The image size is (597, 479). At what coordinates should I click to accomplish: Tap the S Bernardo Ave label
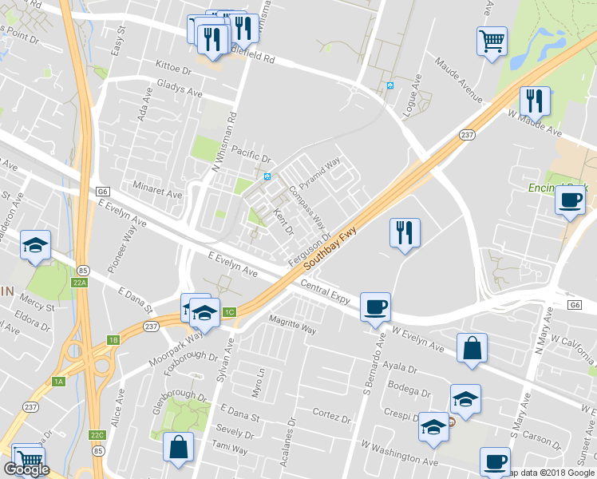tap(372, 360)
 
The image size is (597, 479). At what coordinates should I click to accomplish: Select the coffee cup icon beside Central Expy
tap(375, 307)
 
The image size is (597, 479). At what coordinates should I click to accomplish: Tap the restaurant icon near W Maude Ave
tap(535, 101)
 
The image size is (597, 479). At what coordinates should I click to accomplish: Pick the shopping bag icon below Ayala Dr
tap(472, 348)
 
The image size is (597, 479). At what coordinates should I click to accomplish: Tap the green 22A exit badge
tap(78, 283)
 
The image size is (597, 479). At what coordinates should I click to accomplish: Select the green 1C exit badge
tap(230, 312)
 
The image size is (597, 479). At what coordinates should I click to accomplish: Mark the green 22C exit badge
tap(97, 434)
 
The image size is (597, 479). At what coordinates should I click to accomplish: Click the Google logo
tap(26, 470)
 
